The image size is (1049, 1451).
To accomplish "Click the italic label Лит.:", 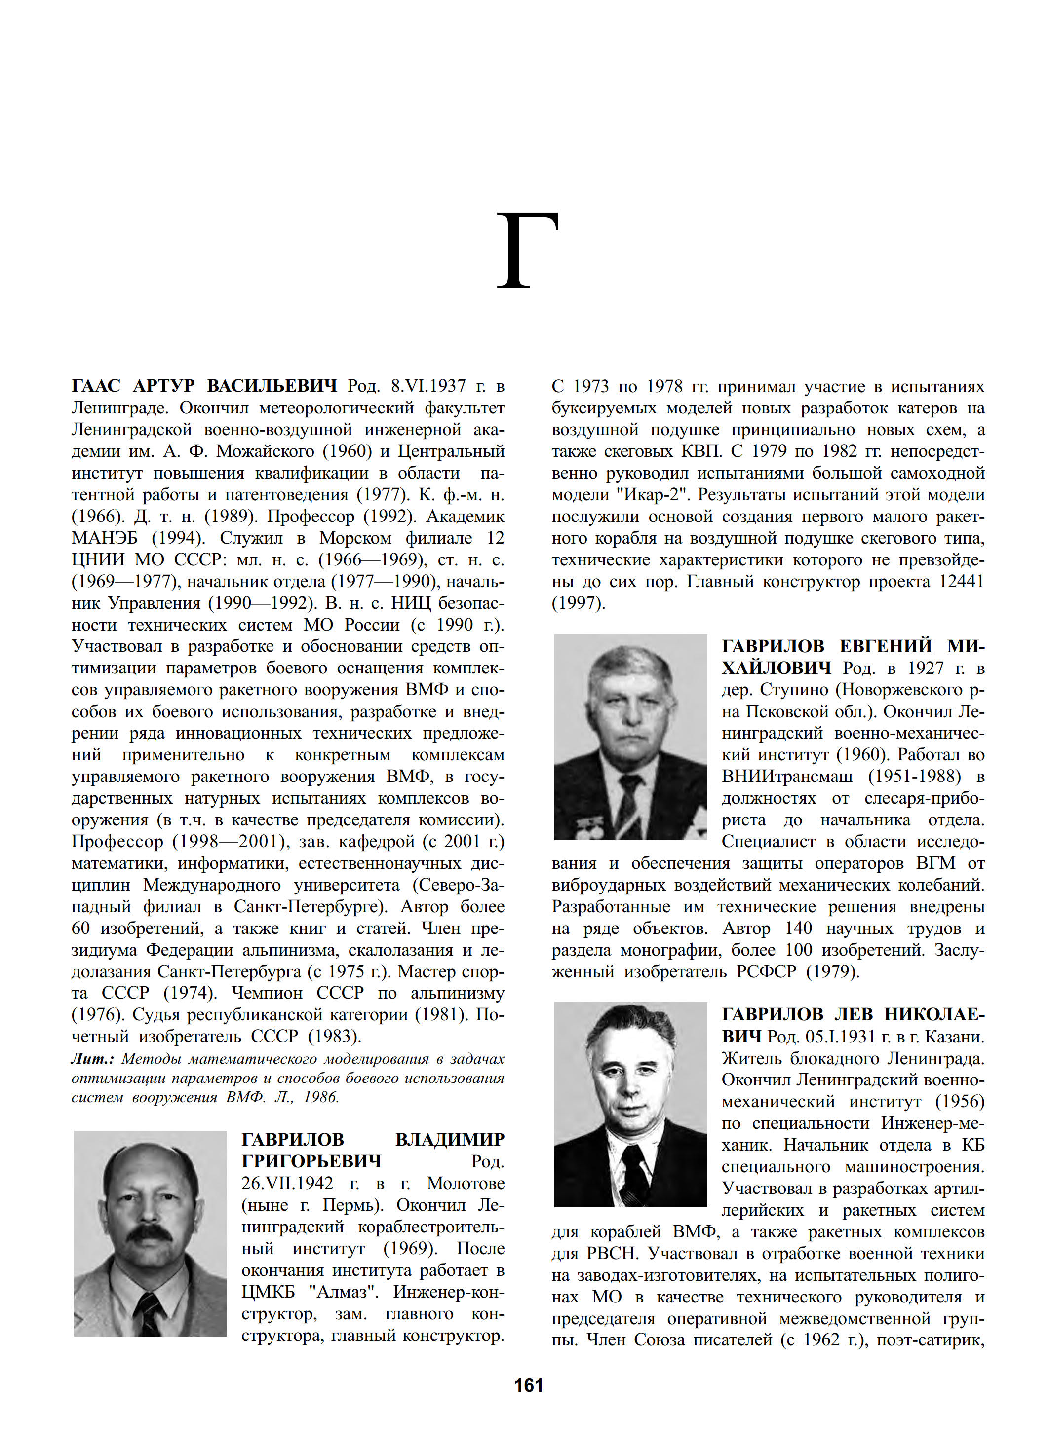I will (92, 1059).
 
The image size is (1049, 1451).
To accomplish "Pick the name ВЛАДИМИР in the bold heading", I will (449, 1139).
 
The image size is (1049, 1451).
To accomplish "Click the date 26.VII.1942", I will (287, 1183).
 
